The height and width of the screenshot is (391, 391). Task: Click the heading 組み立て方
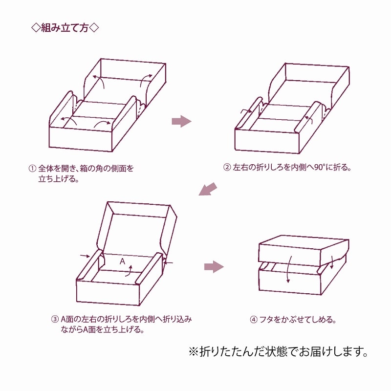click(65, 27)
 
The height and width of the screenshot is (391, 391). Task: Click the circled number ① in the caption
click(32, 168)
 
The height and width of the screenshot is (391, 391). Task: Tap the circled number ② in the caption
click(227, 167)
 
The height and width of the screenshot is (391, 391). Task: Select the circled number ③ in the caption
click(55, 319)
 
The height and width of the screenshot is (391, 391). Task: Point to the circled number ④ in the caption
click(253, 320)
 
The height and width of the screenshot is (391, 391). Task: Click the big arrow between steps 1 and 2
click(181, 121)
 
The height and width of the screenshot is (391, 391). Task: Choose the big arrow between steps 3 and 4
click(213, 266)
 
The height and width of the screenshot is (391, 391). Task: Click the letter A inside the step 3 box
click(123, 262)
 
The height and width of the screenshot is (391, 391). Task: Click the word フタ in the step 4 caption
click(267, 320)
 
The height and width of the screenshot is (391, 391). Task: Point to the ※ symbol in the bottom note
click(194, 351)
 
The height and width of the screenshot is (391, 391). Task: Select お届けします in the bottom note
click(328, 351)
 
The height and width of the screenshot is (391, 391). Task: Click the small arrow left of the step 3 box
click(84, 255)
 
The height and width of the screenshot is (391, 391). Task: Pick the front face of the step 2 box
click(266, 140)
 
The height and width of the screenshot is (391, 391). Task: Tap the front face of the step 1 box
click(81, 139)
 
